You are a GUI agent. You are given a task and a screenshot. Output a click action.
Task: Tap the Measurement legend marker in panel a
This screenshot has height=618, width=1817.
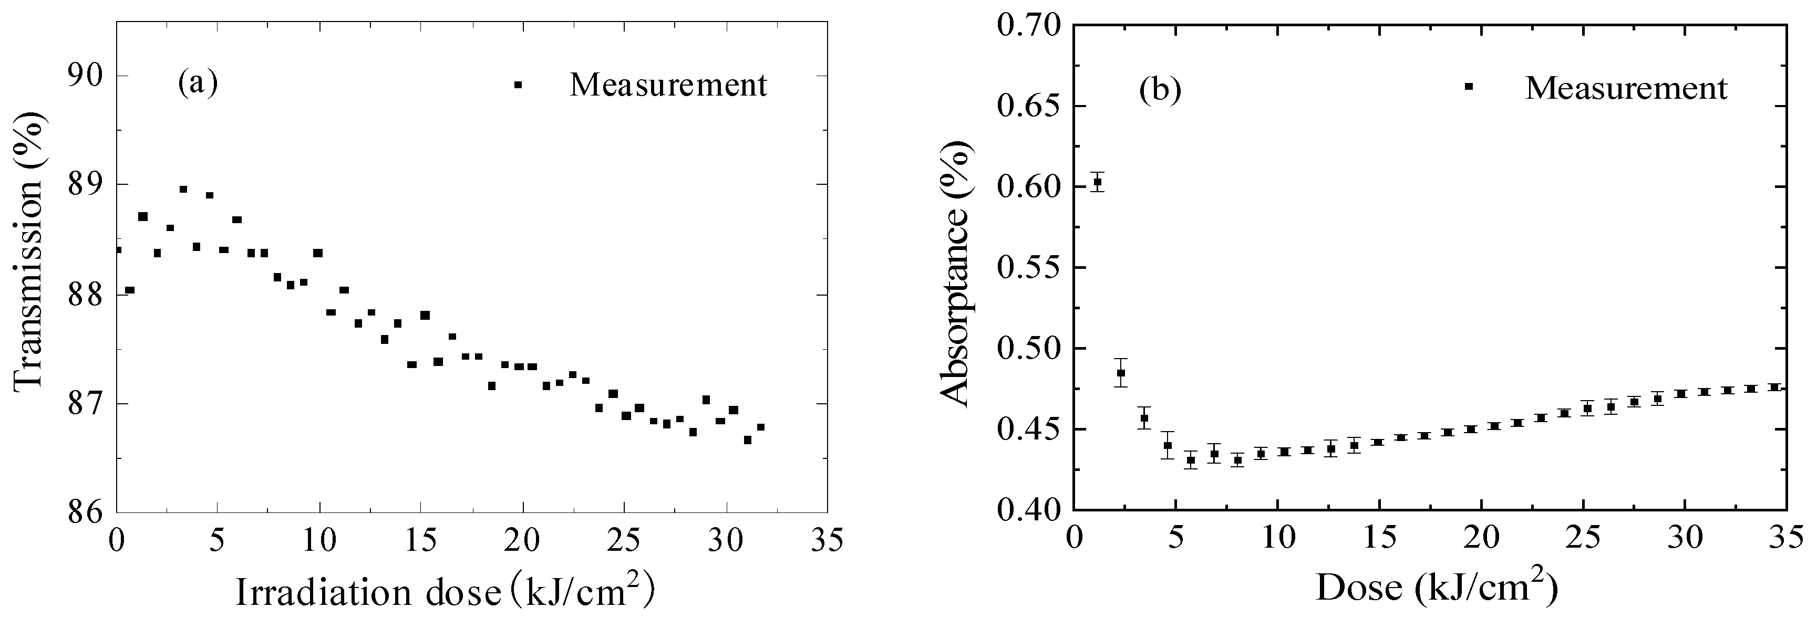click(518, 85)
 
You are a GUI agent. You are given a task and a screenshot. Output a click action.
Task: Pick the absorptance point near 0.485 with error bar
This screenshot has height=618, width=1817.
click(1121, 373)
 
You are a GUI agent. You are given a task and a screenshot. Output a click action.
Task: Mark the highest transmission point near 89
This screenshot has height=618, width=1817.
click(183, 189)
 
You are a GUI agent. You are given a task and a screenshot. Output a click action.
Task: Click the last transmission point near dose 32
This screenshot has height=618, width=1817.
click(760, 427)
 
